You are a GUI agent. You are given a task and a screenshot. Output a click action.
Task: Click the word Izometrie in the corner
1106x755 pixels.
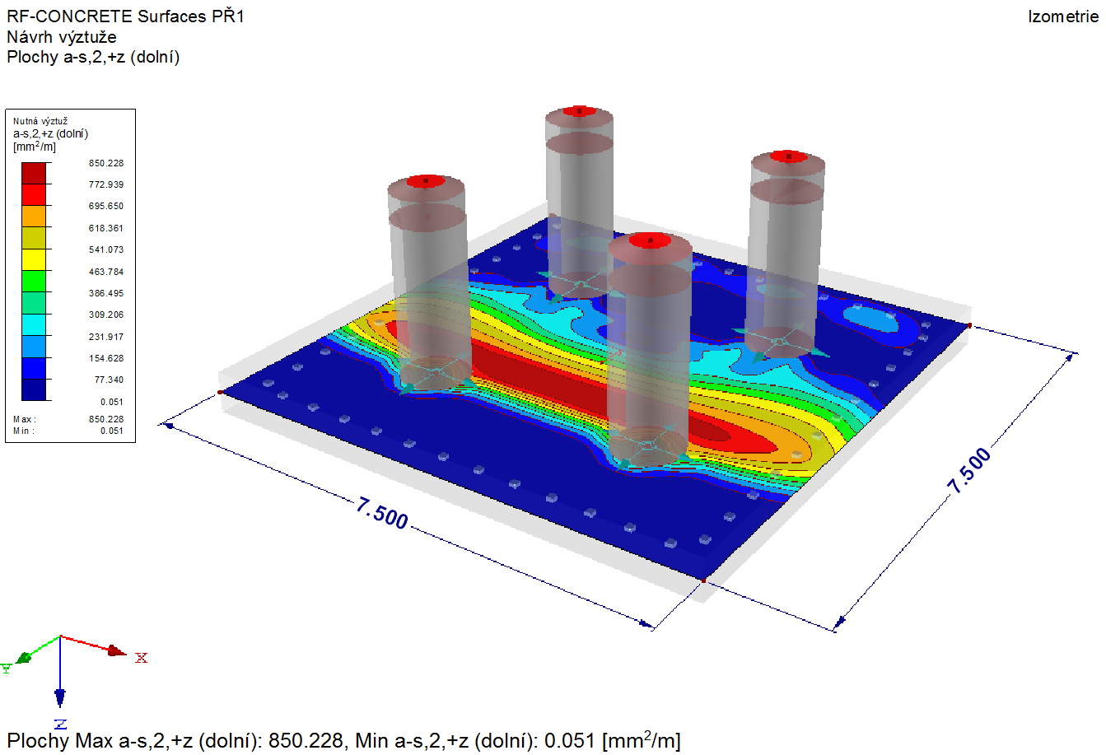[x=1063, y=16]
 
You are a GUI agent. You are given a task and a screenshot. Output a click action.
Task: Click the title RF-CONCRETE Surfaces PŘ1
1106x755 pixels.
[x=125, y=16]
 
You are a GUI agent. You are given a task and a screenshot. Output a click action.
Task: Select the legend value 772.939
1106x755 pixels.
[x=106, y=184]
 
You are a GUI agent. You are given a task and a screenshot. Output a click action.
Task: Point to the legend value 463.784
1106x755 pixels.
[x=106, y=272]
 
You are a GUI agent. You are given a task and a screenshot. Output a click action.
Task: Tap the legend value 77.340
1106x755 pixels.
[x=110, y=380]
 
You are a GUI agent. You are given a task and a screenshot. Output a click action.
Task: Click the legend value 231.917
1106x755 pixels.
[x=106, y=337]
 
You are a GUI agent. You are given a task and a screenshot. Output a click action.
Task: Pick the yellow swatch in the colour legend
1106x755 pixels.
[x=34, y=259]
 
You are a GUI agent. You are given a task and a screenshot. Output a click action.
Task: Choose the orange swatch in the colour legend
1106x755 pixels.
[x=34, y=217]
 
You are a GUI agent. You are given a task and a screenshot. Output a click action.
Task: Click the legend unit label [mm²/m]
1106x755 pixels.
[x=35, y=147]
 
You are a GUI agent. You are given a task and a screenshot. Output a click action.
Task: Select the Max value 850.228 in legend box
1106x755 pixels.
[x=106, y=419]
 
